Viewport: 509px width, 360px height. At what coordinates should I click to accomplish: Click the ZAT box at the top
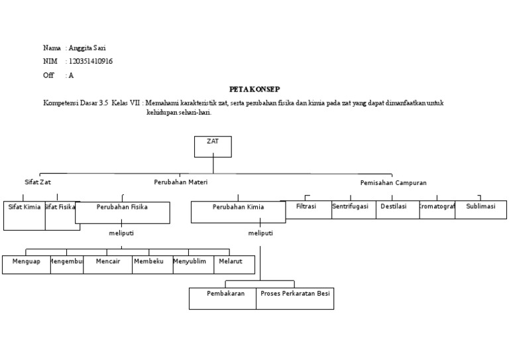[x=213, y=147]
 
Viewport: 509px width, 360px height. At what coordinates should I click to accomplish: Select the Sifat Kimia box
[x=25, y=215]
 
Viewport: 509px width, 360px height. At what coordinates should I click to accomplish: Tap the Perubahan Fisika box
[x=122, y=212]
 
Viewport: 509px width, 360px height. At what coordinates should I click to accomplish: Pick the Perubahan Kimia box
[x=238, y=212]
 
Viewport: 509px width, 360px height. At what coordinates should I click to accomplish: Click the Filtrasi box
[x=306, y=209]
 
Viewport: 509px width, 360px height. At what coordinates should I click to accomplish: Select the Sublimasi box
[x=481, y=209]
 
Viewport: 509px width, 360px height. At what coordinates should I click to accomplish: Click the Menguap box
[x=26, y=264]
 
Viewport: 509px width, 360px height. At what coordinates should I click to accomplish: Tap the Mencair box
[x=108, y=264]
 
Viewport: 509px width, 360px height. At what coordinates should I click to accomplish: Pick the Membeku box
[x=148, y=264]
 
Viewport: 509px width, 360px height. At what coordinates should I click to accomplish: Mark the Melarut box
[x=231, y=264]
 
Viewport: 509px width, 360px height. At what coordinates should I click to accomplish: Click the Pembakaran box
[x=223, y=298]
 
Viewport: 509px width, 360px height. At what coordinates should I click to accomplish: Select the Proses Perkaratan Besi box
[x=295, y=298]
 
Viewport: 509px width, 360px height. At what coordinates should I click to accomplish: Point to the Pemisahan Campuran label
[x=393, y=182]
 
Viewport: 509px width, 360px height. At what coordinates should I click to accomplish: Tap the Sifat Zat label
[x=37, y=182]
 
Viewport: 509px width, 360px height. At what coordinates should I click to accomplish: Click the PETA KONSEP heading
[x=254, y=88]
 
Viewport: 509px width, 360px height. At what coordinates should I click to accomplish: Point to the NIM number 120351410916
[x=91, y=62]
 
